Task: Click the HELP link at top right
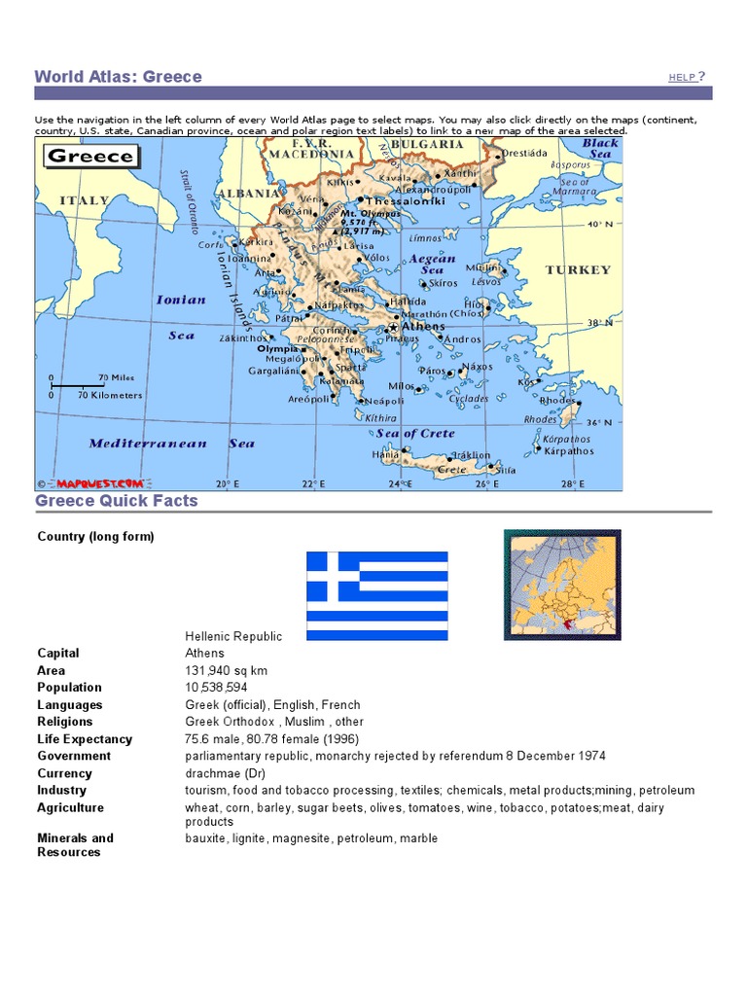click(x=683, y=77)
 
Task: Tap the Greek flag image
click(x=377, y=595)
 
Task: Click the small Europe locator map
click(x=562, y=585)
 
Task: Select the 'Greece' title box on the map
click(x=90, y=156)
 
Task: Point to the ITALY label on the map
click(x=85, y=200)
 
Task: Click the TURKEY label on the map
click(x=578, y=269)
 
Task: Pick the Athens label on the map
click(x=423, y=327)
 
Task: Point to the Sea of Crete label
click(x=415, y=433)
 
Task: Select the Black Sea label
click(x=600, y=148)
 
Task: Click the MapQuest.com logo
click(x=99, y=482)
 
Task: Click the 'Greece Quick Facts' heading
click(x=117, y=501)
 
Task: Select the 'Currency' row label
click(x=64, y=773)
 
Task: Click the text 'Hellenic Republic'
click(x=233, y=636)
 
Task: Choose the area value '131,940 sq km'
click(x=227, y=670)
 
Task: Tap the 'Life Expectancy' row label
click(x=85, y=739)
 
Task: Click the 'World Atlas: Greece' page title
click(x=119, y=77)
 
